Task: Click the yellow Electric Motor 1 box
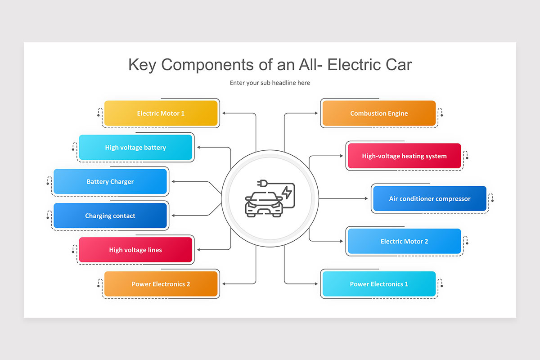(x=161, y=113)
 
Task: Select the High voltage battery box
(x=135, y=148)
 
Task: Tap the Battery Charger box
(x=110, y=182)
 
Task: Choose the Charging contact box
(x=110, y=216)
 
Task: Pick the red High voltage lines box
(x=135, y=250)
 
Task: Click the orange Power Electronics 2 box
(x=161, y=284)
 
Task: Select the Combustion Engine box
(x=379, y=113)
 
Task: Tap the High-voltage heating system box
(x=404, y=156)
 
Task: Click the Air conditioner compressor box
(x=429, y=198)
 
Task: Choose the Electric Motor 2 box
(x=404, y=241)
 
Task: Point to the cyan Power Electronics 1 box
(x=379, y=284)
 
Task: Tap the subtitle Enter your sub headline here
(x=270, y=83)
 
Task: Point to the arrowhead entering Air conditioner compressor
(x=366, y=198)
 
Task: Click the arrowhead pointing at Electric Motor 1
(x=225, y=113)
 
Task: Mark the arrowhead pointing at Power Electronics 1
(x=316, y=284)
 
